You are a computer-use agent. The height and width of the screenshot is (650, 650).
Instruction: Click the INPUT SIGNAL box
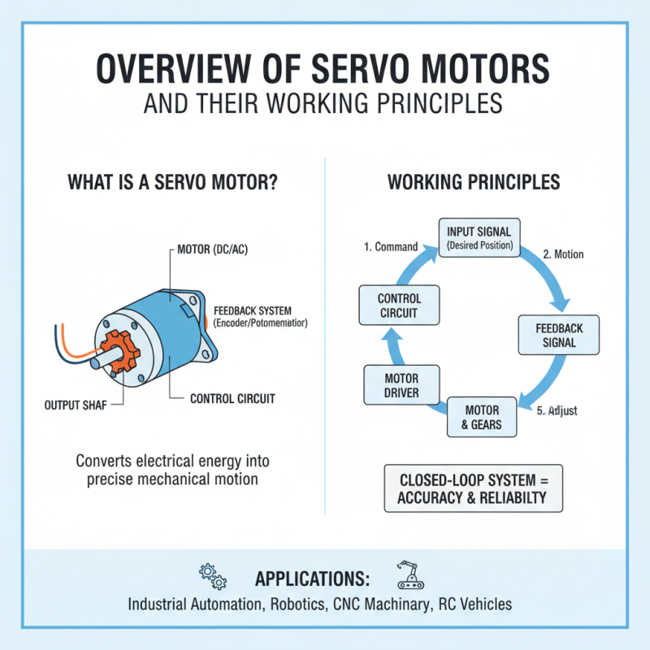(x=479, y=238)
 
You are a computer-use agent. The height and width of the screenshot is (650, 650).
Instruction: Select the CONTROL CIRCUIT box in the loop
(x=400, y=305)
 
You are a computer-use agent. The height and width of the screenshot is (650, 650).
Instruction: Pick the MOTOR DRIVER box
(x=400, y=386)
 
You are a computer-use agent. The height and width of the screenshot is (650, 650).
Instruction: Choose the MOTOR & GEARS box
(x=482, y=417)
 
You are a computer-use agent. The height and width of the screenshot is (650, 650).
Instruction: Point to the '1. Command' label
(x=389, y=247)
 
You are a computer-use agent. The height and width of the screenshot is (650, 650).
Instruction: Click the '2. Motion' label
(x=563, y=254)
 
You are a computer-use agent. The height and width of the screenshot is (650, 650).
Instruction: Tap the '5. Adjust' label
(x=557, y=411)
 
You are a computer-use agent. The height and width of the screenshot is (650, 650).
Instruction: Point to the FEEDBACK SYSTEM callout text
(x=262, y=317)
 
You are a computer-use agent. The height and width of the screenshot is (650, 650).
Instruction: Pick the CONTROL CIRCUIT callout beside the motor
(x=232, y=399)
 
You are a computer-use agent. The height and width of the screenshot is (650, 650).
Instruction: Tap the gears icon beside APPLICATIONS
(x=213, y=577)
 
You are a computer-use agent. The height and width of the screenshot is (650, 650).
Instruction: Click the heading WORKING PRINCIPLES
(x=474, y=181)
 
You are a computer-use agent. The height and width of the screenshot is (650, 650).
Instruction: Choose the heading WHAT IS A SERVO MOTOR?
(x=173, y=181)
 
